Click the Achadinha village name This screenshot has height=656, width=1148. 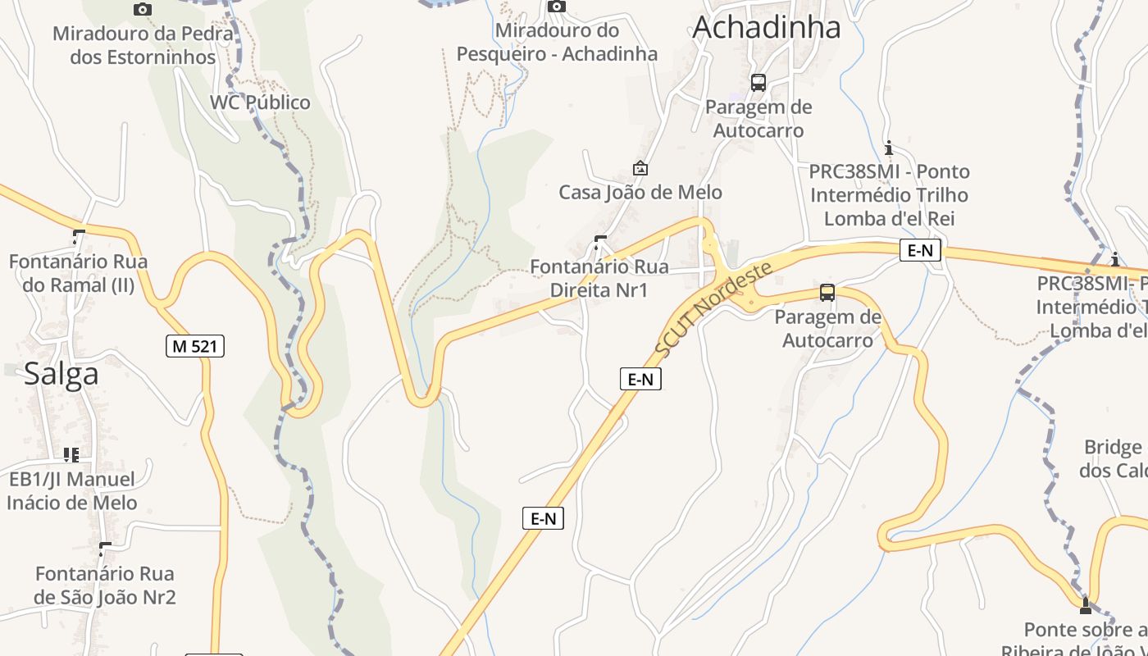[x=766, y=27]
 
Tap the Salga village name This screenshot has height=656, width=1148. [x=61, y=374]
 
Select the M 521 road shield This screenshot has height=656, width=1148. [x=194, y=346]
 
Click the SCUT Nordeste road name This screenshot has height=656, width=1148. [x=713, y=310]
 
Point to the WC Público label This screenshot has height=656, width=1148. [x=260, y=102]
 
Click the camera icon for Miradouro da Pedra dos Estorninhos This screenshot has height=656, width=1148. [x=143, y=9]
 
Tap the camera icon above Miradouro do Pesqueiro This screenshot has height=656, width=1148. [x=557, y=7]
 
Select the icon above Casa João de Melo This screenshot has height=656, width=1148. [x=640, y=168]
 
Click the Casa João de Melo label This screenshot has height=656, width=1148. [x=640, y=193]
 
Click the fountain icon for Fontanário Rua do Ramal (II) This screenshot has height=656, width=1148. [x=78, y=237]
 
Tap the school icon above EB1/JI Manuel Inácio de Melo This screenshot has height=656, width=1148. [x=71, y=454]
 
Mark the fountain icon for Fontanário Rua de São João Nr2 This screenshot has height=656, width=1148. [x=104, y=549]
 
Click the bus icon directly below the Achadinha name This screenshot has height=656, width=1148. [x=758, y=82]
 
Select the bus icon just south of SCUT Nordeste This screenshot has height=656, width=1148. [x=827, y=293]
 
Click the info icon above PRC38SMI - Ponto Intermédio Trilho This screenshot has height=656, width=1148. [x=889, y=148]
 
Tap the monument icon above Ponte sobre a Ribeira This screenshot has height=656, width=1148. [x=1086, y=606]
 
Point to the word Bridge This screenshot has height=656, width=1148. [x=1113, y=448]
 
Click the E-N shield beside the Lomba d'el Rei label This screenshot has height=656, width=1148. [x=919, y=251]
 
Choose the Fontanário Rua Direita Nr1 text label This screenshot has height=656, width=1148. [x=599, y=278]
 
